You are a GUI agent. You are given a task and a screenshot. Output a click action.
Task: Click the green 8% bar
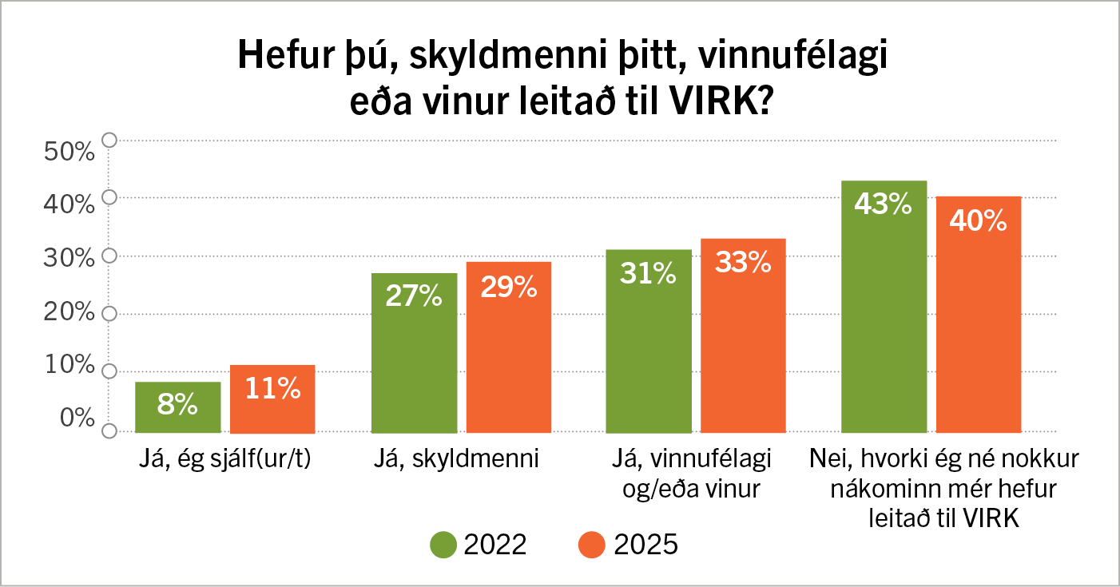coord(177,407)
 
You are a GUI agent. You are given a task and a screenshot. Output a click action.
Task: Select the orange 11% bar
coord(272,399)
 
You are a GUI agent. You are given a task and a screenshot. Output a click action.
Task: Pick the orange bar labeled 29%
coord(509,347)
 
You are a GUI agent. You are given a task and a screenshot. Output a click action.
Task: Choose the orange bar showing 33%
coord(743,335)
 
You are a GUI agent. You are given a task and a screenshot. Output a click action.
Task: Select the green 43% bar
coord(884,307)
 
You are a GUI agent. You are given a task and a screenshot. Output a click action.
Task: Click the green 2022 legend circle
coord(443,545)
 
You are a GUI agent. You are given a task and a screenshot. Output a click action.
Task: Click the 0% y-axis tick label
coord(77,418)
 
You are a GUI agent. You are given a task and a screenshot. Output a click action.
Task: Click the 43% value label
coord(883,204)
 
